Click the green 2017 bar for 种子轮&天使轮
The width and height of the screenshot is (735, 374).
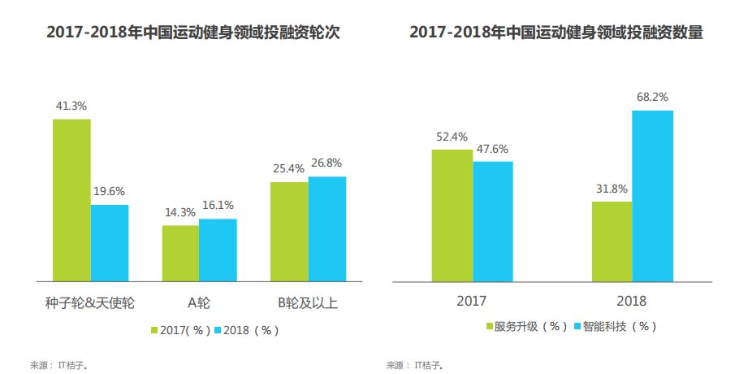click(71, 200)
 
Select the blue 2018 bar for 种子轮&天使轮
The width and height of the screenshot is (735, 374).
click(110, 242)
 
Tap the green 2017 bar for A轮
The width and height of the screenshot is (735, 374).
click(180, 253)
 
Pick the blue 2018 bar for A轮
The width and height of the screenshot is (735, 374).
click(218, 250)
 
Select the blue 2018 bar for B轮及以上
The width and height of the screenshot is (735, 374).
click(326, 228)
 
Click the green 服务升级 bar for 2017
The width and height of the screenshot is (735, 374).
click(452, 215)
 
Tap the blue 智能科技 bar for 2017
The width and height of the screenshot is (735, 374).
click(493, 221)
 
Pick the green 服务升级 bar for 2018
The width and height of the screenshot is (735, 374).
click(612, 241)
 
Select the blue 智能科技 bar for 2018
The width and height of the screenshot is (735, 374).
click(653, 196)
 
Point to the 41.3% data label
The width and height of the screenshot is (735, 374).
click(71, 106)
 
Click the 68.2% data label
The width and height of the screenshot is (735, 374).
click(652, 97)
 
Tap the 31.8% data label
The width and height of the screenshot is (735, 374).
click(612, 189)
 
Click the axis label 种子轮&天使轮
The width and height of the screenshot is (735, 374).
click(90, 303)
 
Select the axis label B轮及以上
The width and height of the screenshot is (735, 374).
click(307, 303)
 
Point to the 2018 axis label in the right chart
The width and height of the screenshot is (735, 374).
click(631, 302)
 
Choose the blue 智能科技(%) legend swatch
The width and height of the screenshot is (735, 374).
click(579, 326)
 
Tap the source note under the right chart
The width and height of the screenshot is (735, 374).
click(415, 365)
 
